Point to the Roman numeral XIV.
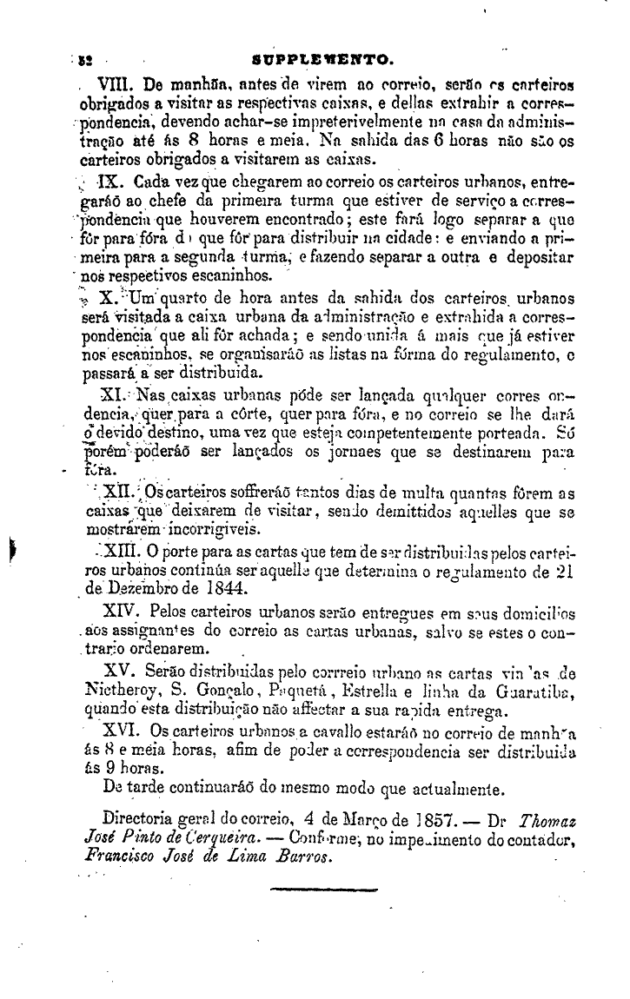click(x=123, y=612)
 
